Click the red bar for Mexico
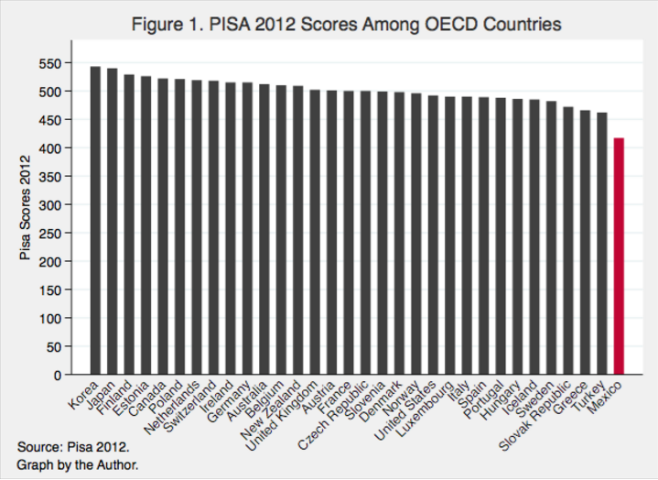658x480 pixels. (619, 256)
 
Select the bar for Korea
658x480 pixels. (95, 220)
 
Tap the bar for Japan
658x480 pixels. (112, 222)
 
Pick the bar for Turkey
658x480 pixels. (602, 244)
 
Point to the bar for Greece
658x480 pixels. (585, 243)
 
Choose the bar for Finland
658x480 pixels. (129, 224)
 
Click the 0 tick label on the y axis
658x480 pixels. (58, 375)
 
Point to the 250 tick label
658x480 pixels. (50, 233)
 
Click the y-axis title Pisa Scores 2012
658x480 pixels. (26, 207)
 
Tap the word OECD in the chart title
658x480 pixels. (450, 25)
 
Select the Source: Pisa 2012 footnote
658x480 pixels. (73, 447)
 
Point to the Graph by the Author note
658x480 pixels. (78, 464)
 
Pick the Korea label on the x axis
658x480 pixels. (83, 395)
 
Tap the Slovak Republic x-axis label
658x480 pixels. (535, 415)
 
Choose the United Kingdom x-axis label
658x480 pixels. (281, 416)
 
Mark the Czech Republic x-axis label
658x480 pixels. (333, 415)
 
